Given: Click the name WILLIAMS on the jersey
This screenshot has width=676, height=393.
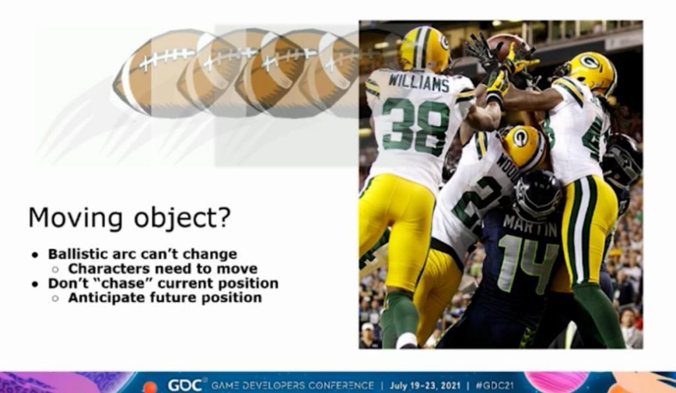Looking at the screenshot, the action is pos(418,82).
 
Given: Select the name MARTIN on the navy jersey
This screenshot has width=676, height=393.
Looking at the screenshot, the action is pos(524,225).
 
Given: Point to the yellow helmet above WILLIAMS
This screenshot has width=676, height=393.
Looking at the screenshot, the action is pos(424,49).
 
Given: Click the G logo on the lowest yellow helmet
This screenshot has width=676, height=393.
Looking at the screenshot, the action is pos(520,137).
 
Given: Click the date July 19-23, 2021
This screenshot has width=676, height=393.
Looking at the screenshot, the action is pos(424,385).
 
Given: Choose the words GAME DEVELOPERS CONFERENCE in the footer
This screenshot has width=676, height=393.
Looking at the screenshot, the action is pos(292,385).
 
